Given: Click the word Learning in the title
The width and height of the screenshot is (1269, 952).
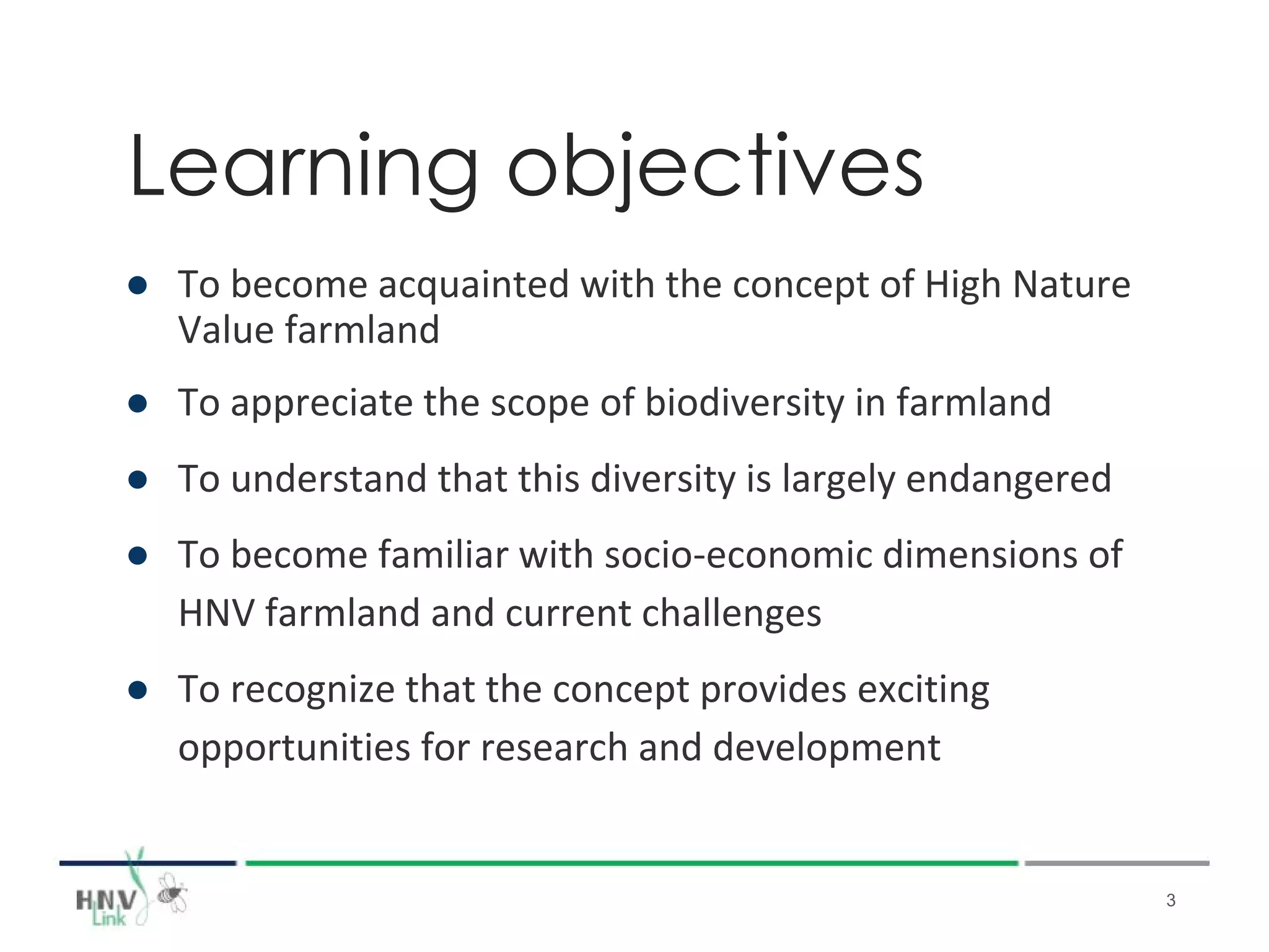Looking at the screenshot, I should [304, 167].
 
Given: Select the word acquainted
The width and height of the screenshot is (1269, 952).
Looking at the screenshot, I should [473, 286].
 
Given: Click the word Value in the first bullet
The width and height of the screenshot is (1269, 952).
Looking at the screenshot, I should [226, 330].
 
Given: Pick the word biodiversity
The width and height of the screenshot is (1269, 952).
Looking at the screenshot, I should [744, 403].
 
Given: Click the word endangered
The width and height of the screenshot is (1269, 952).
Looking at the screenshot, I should [1008, 479].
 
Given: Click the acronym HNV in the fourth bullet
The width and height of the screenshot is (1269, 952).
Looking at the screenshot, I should [216, 614].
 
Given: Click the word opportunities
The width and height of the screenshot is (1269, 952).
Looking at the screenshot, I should [294, 748].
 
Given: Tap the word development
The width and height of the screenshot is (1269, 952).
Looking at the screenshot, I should [826, 748].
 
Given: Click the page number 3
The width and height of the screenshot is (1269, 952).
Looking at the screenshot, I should [1170, 901].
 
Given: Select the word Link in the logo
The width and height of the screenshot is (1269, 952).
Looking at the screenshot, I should [109, 919].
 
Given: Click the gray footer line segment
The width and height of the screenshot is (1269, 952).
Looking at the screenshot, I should [1116, 863].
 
